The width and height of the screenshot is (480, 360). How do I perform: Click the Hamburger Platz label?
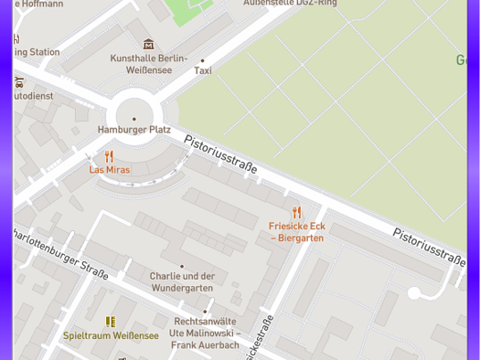(133, 130)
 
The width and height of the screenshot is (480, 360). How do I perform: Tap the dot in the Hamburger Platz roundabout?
(134, 119)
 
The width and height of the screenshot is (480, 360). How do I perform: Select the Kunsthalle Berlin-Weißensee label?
(148, 64)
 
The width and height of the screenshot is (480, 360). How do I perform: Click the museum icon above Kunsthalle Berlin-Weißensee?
(148, 44)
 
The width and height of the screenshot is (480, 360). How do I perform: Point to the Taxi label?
(203, 71)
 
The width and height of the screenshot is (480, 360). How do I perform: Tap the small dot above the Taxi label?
(203, 61)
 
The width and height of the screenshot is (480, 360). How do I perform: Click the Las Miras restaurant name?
(109, 170)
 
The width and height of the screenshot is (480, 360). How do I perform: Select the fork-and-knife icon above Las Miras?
(109, 157)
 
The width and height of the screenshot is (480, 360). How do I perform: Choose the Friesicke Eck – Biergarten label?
(296, 232)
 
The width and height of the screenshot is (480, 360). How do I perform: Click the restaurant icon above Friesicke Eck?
(296, 213)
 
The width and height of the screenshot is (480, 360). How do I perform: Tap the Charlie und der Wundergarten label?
(182, 281)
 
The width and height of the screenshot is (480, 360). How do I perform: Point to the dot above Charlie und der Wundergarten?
(182, 266)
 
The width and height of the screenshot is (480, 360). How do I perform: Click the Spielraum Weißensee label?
(111, 335)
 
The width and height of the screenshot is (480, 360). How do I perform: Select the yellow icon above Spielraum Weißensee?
(111, 322)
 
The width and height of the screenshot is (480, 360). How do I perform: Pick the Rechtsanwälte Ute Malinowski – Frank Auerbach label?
(205, 334)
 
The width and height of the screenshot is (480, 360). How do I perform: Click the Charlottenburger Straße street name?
(61, 253)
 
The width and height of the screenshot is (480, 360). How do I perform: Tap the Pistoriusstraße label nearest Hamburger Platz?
(220, 154)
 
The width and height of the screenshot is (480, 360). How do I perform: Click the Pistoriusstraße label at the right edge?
(429, 247)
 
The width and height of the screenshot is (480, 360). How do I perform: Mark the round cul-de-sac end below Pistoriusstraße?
(414, 293)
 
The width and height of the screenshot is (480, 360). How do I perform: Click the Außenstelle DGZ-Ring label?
(290, 4)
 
